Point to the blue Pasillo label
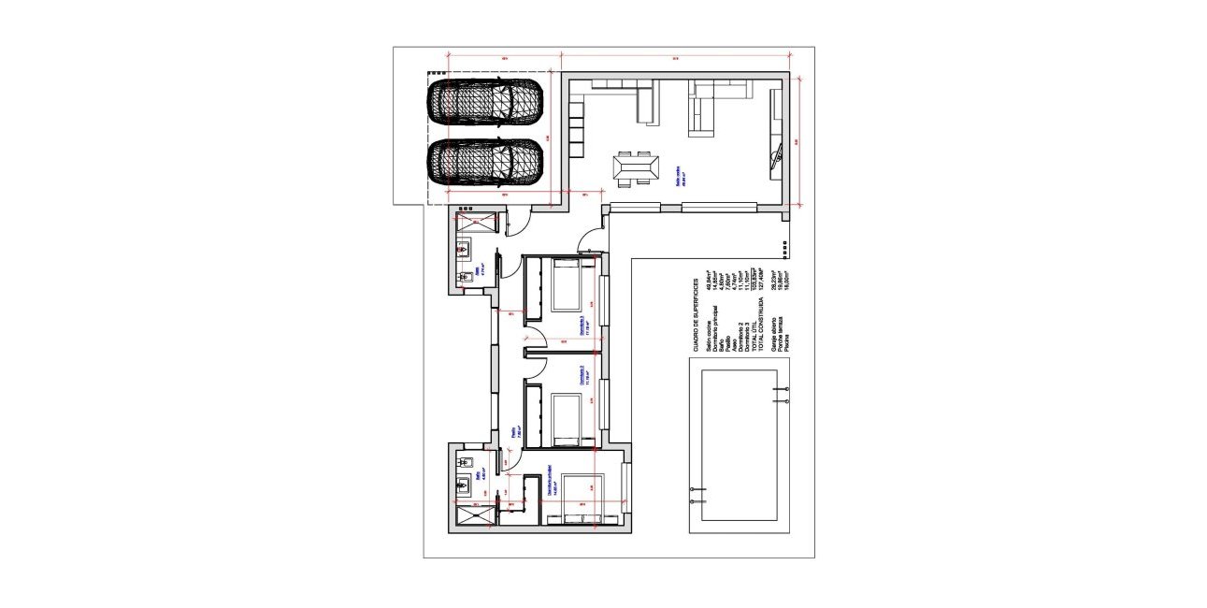[515, 432]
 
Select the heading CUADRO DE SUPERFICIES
[697, 315]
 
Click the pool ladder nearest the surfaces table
[781, 393]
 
